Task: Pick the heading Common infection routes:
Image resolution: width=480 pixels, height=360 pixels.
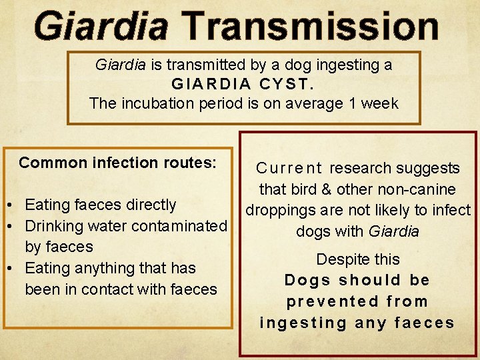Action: (117, 163)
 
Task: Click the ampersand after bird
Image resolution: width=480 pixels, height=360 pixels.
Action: (325, 189)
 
